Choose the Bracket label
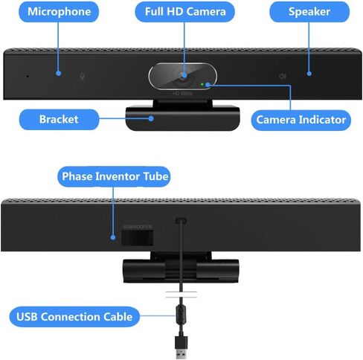(59, 118)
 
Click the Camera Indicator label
(301, 119)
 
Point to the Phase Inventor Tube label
(115, 177)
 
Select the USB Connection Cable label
(74, 317)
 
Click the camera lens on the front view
(182, 75)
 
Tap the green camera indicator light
(202, 84)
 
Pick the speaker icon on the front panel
(282, 76)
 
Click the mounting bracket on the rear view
(181, 269)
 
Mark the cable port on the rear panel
(180, 221)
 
